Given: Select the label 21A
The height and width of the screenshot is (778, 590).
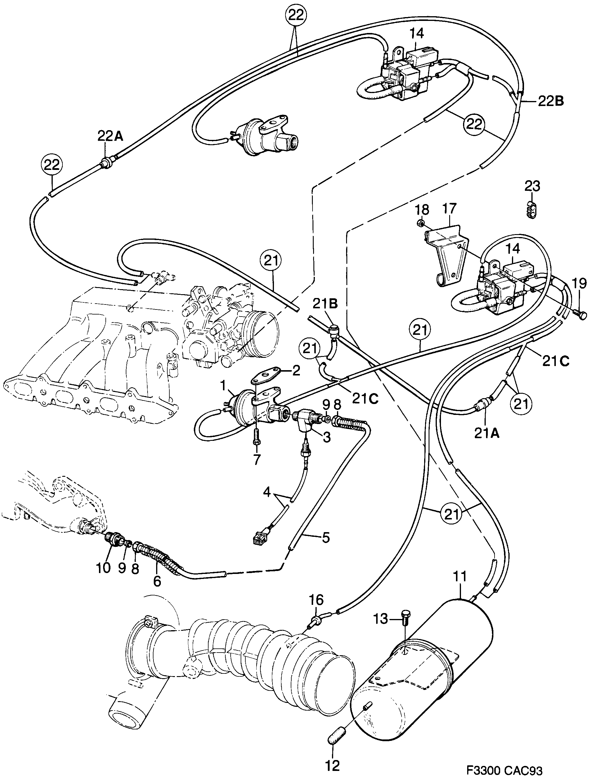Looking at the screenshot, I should (x=487, y=435).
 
